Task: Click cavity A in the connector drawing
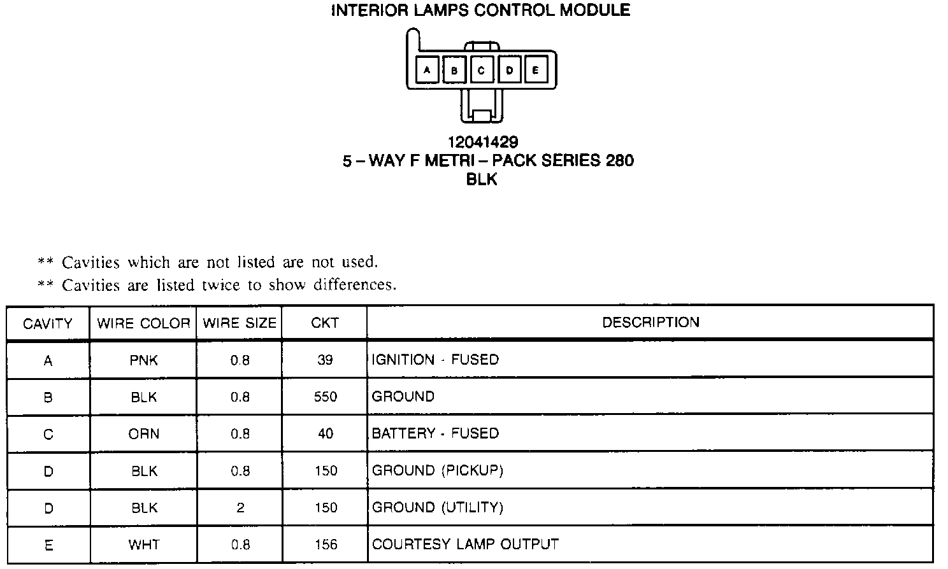tap(427, 70)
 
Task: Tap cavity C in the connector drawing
tap(481, 70)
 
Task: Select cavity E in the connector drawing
tap(535, 70)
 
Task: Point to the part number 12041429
tap(482, 142)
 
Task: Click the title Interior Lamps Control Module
tap(481, 11)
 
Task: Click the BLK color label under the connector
tap(482, 179)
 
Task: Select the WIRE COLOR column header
tap(143, 323)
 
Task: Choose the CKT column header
tap(325, 323)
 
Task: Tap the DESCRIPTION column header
tap(650, 322)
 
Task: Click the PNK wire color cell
tap(143, 360)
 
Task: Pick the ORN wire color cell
tap(143, 434)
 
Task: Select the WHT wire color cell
tap(143, 545)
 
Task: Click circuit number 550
tap(325, 397)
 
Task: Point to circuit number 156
tap(325, 545)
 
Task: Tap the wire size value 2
tap(240, 508)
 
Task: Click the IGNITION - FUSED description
tap(435, 360)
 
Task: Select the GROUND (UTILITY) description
tap(437, 507)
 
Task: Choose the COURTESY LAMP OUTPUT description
tap(465, 544)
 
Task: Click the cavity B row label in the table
tap(48, 398)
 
